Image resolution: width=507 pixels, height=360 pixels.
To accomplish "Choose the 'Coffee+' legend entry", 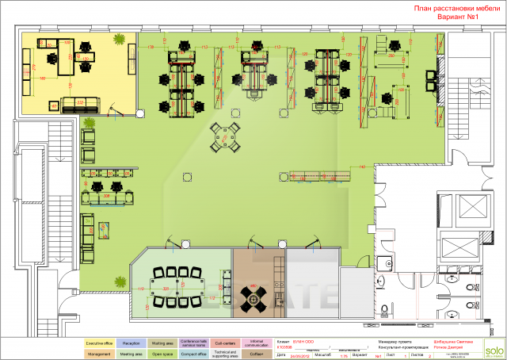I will pyautogui.click(x=256, y=354).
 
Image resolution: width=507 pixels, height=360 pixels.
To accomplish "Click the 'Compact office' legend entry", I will pyautogui.click(x=193, y=354).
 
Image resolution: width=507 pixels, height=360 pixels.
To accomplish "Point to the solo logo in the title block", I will pyautogui.click(x=494, y=349).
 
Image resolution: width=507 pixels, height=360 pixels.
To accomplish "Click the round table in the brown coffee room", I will pyautogui.click(x=254, y=297).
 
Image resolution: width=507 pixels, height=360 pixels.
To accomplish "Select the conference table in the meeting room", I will pyautogui.click(x=181, y=283).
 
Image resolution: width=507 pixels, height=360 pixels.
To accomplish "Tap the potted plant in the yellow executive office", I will pyautogui.click(x=119, y=39).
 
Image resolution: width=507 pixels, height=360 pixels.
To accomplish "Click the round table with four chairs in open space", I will pyautogui.click(x=228, y=138).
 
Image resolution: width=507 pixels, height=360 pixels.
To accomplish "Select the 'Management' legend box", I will pyautogui.click(x=99, y=354).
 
